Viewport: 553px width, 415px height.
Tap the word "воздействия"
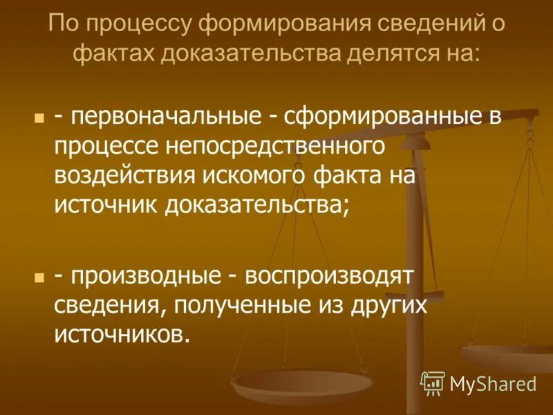[126, 176]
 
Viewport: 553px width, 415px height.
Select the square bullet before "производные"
[39, 277]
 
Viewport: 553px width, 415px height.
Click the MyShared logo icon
[433, 382]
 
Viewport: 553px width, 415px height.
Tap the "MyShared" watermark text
[493, 383]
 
